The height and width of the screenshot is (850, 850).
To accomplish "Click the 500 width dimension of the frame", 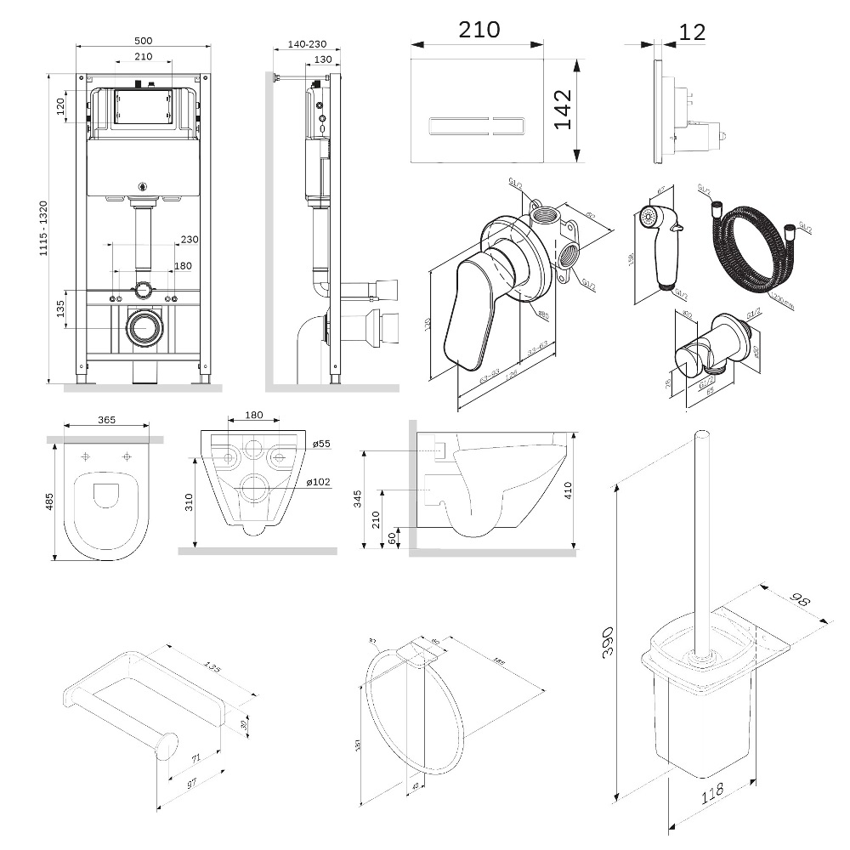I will pos(142,39).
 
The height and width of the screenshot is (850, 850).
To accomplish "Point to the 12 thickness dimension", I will pos(693,32).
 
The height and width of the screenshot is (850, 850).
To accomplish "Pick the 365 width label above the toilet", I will pos(107,419).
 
